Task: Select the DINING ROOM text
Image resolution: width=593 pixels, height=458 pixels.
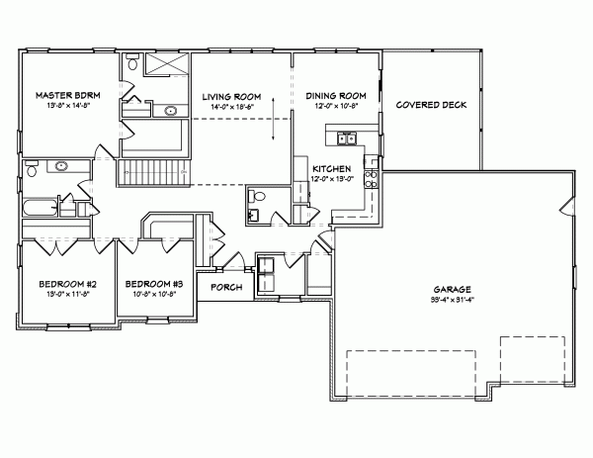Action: pos(336,95)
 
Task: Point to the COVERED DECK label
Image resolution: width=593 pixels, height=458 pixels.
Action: pos(431,104)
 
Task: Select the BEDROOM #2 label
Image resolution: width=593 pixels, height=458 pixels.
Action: pos(65,283)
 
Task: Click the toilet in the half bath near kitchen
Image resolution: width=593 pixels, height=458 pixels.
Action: pos(255,195)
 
